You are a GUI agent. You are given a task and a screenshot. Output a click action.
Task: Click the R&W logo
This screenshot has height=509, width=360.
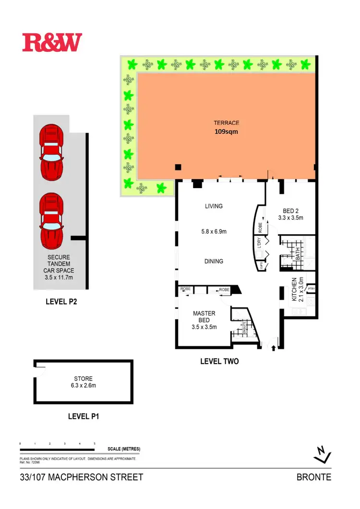[52, 42]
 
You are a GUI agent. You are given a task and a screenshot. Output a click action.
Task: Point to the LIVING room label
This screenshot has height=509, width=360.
[214, 206]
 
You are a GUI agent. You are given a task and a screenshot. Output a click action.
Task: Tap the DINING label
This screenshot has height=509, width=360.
[213, 261]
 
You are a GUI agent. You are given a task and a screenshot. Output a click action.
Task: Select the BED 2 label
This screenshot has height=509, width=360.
[290, 210]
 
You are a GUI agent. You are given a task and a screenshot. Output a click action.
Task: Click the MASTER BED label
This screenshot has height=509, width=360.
[204, 317]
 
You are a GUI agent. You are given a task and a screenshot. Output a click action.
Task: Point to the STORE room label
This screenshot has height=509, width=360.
[83, 378]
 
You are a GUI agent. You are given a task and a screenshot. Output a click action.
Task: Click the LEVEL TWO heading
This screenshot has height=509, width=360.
[219, 361]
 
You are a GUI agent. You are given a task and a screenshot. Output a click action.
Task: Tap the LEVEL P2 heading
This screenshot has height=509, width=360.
[61, 302]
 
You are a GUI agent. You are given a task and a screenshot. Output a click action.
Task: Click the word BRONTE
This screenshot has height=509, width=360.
[314, 477]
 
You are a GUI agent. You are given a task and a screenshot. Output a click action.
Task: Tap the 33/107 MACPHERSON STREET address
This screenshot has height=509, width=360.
[82, 477]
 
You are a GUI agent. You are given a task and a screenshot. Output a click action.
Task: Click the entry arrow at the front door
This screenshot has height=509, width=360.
[274, 343]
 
